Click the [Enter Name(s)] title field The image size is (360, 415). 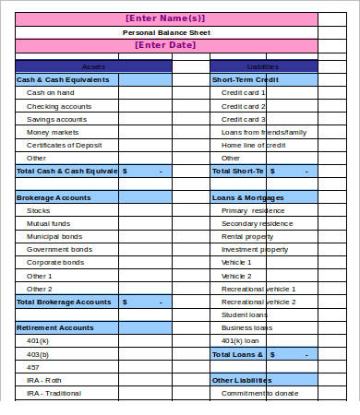pyautogui.click(x=166, y=18)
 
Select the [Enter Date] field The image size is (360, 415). pyautogui.click(x=166, y=45)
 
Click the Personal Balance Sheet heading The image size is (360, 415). pyautogui.click(x=166, y=32)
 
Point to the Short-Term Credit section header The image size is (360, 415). pyautogui.click(x=243, y=79)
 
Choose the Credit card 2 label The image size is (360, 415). pyautogui.click(x=244, y=106)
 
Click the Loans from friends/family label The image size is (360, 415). pyautogui.click(x=264, y=132)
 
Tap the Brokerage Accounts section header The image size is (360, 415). pyautogui.click(x=54, y=197)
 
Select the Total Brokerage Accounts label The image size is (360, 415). pyautogui.click(x=64, y=302)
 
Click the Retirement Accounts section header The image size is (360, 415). pyautogui.click(x=54, y=327)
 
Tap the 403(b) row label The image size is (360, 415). pyautogui.click(x=38, y=354)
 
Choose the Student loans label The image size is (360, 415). pyautogui.click(x=245, y=314)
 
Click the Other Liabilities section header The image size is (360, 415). pyautogui.click(x=242, y=380)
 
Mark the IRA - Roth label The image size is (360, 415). pyautogui.click(x=44, y=380)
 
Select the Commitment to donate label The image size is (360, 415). pyautogui.click(x=260, y=394)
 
